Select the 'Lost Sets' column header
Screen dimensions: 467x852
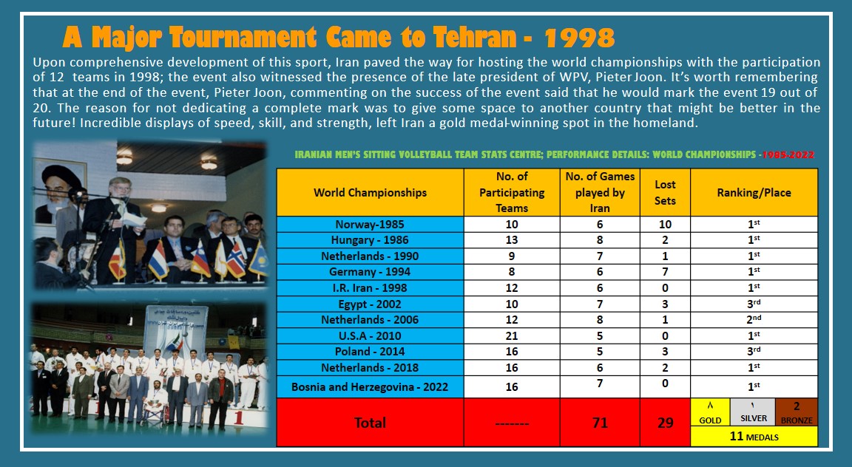[x=665, y=192]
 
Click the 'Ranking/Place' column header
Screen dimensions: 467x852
[x=754, y=192]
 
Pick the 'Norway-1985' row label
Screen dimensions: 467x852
[x=370, y=225]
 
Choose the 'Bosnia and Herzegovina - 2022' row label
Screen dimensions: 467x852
[x=370, y=386]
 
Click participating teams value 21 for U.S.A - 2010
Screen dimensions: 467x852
[x=511, y=335]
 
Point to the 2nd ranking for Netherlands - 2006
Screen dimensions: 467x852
[x=754, y=319]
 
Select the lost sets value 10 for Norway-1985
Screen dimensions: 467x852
[x=665, y=225]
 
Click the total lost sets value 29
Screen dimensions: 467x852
[x=665, y=423]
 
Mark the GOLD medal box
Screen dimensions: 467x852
[x=709, y=412]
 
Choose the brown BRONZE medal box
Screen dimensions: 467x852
[x=797, y=412]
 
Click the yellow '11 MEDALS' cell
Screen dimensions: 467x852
[x=754, y=437]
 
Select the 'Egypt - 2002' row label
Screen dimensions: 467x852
[x=370, y=304]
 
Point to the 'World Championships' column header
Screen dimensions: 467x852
[x=370, y=192]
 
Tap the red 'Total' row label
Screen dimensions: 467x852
[x=370, y=423]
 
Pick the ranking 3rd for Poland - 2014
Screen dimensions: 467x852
[x=754, y=351]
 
